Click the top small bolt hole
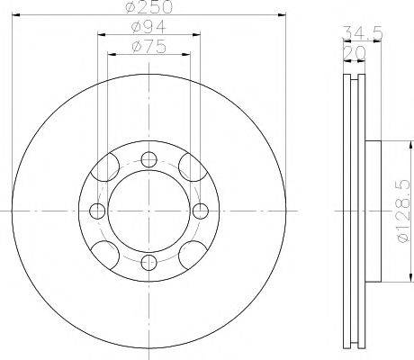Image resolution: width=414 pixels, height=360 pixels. tap(148, 159)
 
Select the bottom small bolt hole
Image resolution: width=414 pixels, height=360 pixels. tap(148, 261)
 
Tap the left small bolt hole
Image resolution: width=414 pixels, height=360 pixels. tap(97, 211)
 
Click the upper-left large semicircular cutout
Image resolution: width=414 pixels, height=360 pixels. tap(110, 168)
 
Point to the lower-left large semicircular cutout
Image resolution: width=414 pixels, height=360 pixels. tap(110, 252)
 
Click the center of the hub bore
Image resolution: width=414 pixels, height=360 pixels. tap(148, 211)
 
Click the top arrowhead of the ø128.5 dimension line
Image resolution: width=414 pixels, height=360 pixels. tap(386, 143)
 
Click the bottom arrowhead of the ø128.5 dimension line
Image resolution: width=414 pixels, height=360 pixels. tap(386, 277)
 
